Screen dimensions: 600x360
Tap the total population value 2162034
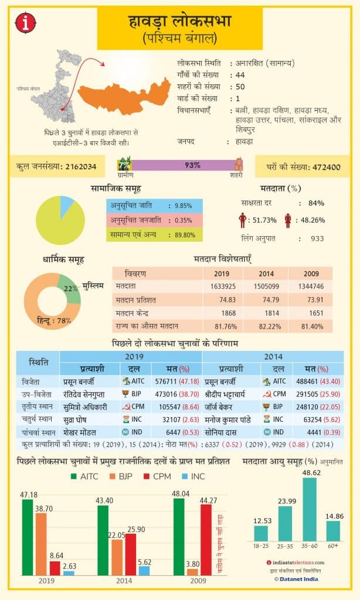click(x=76, y=167)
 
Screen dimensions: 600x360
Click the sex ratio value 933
click(x=317, y=238)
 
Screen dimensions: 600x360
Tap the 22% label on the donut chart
click(x=71, y=289)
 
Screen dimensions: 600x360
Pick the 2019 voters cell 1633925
click(x=222, y=287)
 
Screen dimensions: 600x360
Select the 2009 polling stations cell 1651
click(x=311, y=313)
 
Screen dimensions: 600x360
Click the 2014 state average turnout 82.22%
click(x=267, y=326)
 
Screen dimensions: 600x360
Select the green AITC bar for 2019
click(x=28, y=537)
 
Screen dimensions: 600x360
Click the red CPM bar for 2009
click(x=206, y=539)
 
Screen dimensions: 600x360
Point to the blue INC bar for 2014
click(x=144, y=570)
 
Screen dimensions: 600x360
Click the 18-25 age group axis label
click(x=261, y=545)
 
